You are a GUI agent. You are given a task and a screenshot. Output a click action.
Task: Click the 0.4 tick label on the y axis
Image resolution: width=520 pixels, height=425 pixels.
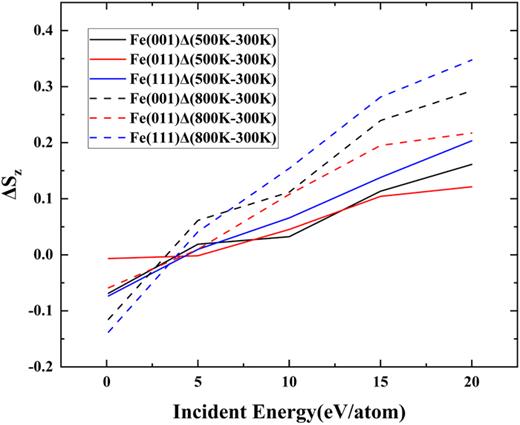tap(44, 30)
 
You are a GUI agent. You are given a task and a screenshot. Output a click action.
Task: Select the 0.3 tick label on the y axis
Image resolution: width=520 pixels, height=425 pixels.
tap(44, 86)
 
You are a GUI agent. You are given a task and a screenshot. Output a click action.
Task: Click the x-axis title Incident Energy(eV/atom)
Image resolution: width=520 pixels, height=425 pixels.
tap(289, 410)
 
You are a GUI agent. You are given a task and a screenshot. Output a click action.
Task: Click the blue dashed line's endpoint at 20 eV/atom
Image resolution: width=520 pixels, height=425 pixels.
tap(472, 60)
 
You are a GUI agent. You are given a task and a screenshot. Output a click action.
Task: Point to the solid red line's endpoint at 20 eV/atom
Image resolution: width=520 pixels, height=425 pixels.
tap(472, 187)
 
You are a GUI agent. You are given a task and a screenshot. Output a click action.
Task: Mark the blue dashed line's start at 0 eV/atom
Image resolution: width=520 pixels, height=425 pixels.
tap(107, 332)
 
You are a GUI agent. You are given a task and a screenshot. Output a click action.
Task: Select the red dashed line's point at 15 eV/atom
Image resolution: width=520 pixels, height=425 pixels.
tap(381, 145)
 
